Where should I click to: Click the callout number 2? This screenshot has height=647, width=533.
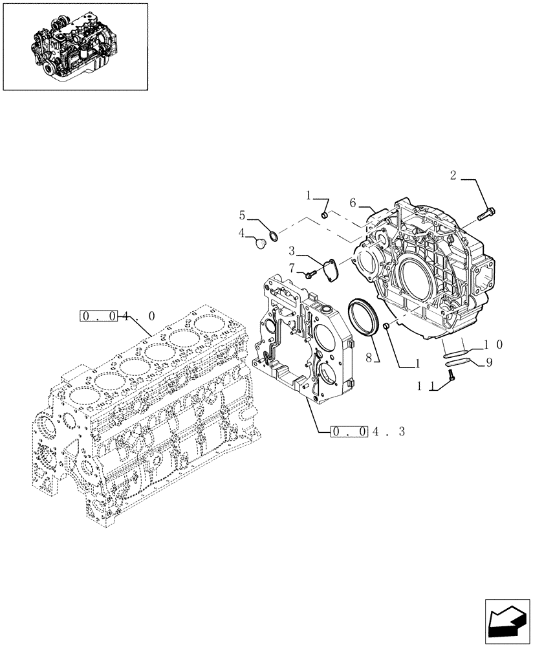pos(453,175)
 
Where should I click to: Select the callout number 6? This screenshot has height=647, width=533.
pos(353,203)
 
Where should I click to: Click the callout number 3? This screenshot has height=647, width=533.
pos(292,250)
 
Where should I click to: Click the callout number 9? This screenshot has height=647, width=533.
pos(488,362)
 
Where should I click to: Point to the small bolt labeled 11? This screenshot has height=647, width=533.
pos(451,376)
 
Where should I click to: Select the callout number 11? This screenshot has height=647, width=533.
pos(424,385)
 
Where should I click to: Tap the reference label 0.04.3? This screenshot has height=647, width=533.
pos(367,431)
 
